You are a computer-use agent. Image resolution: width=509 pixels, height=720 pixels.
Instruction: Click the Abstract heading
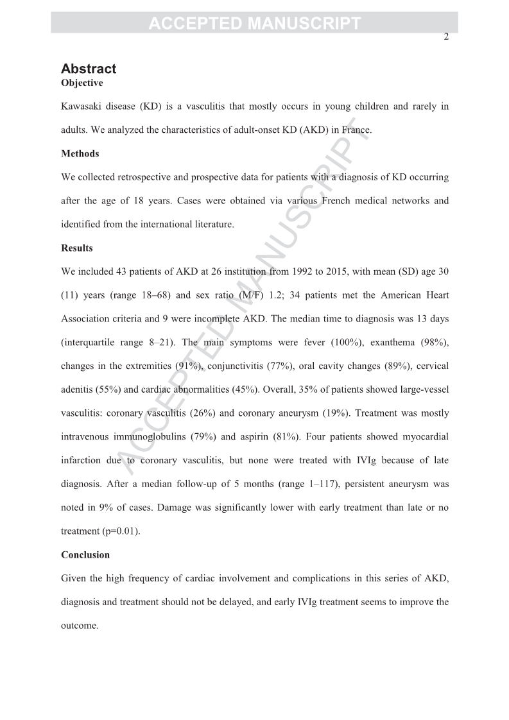(89, 69)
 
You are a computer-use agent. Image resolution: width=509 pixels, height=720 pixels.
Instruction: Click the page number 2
(446, 37)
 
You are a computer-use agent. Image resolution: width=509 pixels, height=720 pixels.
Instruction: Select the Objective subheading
(82, 83)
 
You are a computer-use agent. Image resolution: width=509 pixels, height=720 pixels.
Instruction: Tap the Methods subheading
(80, 153)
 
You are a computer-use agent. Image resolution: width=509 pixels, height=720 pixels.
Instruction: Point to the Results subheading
(77, 248)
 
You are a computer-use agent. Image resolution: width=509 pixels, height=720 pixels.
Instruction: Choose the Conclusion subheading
(85, 554)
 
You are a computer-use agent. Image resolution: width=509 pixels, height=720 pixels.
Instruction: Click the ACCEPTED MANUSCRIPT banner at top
(254, 24)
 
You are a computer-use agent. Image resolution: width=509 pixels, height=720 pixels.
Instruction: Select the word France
(356, 130)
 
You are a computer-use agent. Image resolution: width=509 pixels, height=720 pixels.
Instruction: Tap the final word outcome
(80, 625)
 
